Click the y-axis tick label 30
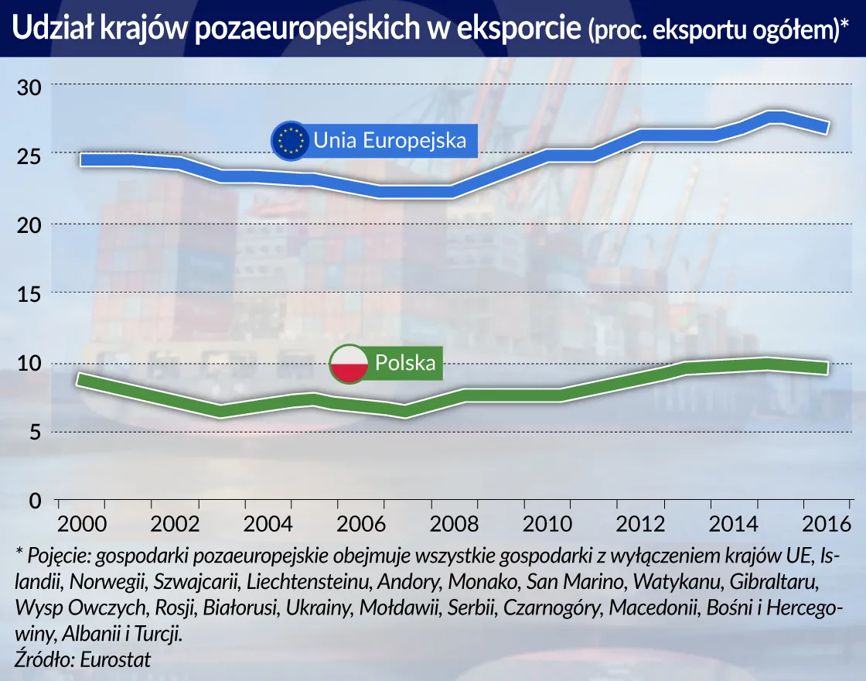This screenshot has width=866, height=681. [x=29, y=87]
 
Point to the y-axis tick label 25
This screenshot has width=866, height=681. [x=29, y=156]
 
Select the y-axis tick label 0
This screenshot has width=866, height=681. [x=35, y=501]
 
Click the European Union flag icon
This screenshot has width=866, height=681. [x=291, y=141]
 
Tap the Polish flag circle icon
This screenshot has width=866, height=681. [x=349, y=364]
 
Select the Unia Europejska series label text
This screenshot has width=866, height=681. [x=390, y=141]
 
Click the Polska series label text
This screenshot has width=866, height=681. [x=405, y=363]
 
